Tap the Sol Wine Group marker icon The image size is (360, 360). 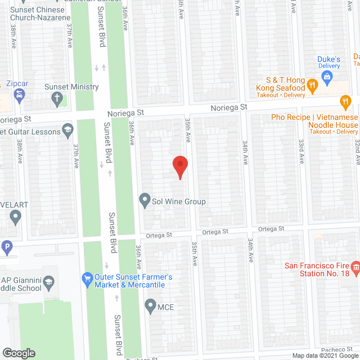[145, 200]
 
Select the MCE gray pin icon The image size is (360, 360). [150, 306]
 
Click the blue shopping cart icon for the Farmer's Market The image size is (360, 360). [87, 278]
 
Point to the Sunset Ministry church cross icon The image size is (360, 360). [56, 99]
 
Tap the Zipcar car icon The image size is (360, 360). [20, 96]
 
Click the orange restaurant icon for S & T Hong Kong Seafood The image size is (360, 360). [313, 85]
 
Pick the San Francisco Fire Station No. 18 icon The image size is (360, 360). [355, 266]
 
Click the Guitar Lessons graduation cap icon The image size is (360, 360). [67, 130]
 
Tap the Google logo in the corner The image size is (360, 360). [19, 353]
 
